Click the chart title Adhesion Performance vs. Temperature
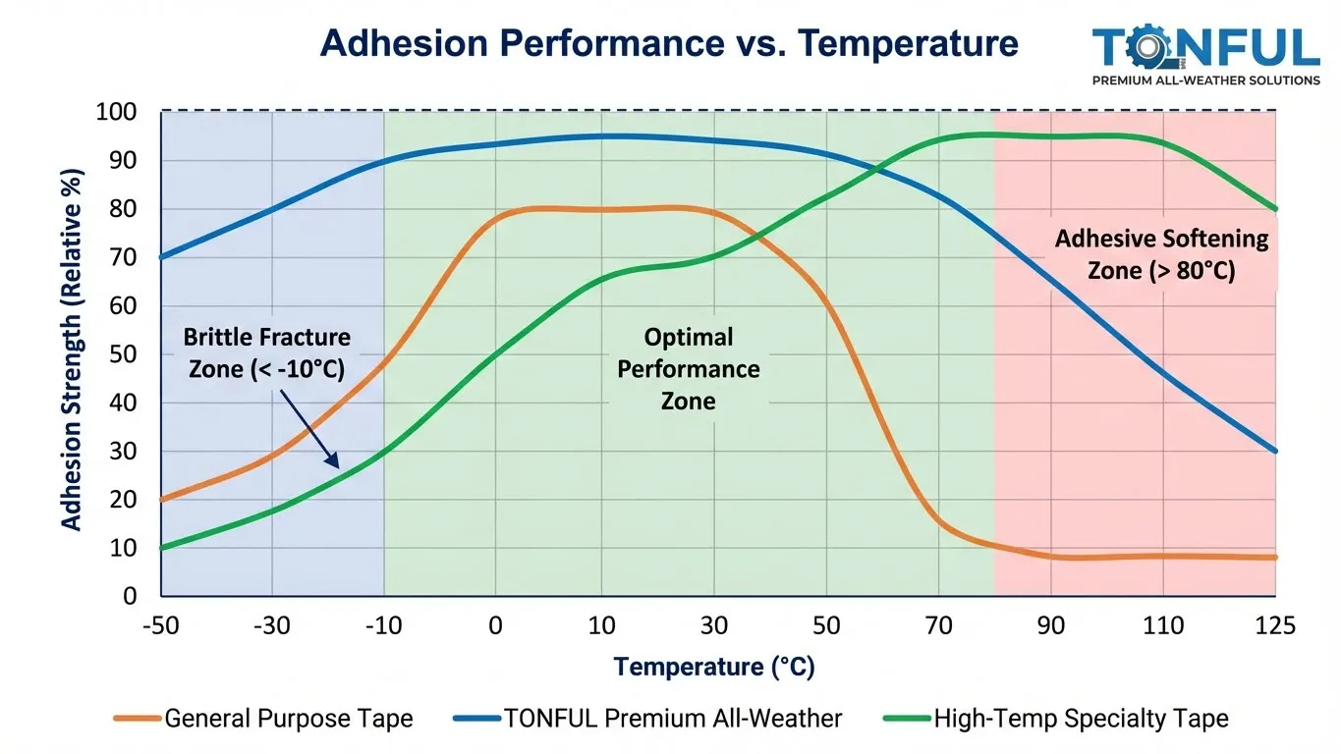coord(669,44)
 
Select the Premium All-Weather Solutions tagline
coord(1206,81)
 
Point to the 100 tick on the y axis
coord(117,112)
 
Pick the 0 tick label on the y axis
coord(130,596)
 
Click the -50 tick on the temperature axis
coord(160,626)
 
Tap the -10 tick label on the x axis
coord(383,626)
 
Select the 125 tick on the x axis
coord(1275,626)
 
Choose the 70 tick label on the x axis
coord(940,626)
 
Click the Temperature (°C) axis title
coord(714,668)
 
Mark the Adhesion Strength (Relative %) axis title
coord(72,349)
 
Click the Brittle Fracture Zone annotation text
coord(266,352)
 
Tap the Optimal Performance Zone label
coord(688,368)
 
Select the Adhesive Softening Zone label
coord(1161,253)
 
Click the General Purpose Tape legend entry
coord(263,719)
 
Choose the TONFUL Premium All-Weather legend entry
coord(647,719)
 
